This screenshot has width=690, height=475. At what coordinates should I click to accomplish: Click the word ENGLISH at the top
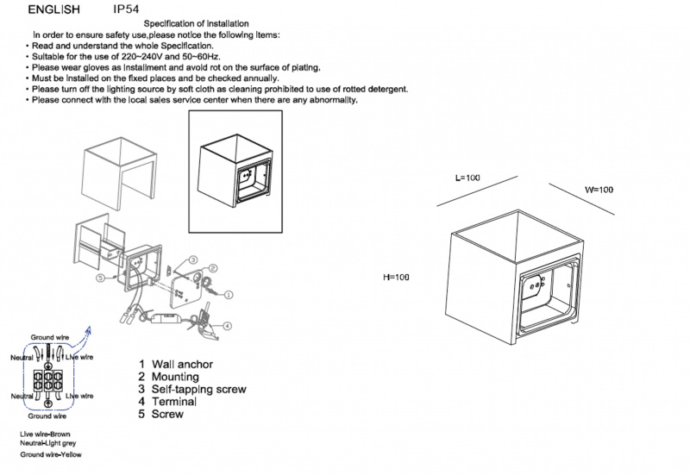pos(54,9)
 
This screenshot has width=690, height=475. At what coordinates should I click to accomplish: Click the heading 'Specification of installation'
pos(197,23)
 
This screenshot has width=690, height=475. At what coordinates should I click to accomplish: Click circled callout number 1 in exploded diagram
pos(229,294)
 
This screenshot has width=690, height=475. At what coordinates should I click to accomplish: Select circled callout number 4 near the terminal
pos(227,325)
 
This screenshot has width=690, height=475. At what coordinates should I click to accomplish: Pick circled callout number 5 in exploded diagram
pos(101,279)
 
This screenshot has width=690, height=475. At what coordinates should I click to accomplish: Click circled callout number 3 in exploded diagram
pos(194,259)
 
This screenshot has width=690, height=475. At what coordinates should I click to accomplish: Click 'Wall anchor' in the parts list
pos(181,365)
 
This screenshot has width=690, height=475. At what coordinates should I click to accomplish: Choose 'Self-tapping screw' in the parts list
pos(198,390)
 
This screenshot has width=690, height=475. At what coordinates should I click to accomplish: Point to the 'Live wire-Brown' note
pos(48,433)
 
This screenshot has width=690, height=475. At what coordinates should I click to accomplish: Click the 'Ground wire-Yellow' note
pos(52,454)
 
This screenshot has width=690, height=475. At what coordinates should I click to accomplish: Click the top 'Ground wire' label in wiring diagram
pos(49,336)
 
